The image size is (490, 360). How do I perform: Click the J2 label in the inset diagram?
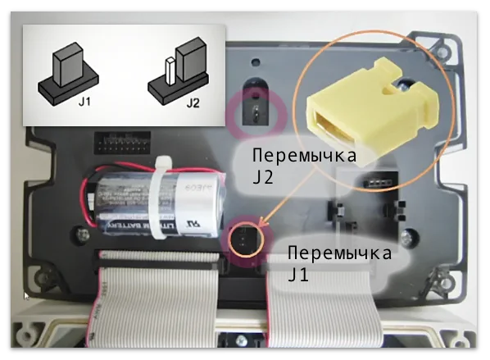193,104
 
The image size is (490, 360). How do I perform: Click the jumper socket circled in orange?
245,238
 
